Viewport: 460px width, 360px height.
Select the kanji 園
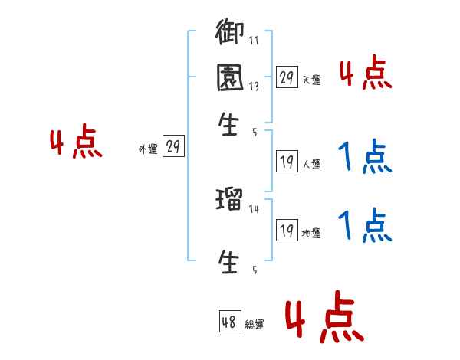click(x=229, y=78)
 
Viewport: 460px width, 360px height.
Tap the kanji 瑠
click(x=229, y=202)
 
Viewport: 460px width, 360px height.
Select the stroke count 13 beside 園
click(x=253, y=87)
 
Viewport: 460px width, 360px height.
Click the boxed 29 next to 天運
click(x=287, y=77)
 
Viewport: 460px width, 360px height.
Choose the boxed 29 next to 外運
click(x=174, y=147)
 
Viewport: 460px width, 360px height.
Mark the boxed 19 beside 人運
click(x=287, y=162)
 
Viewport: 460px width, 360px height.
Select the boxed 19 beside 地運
click(x=287, y=231)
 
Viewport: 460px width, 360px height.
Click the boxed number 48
click(x=229, y=322)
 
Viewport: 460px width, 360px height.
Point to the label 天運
click(x=311, y=80)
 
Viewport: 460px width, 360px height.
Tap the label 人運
click(x=311, y=164)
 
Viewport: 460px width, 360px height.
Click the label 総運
click(x=254, y=325)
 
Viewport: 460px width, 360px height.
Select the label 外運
click(x=148, y=150)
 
